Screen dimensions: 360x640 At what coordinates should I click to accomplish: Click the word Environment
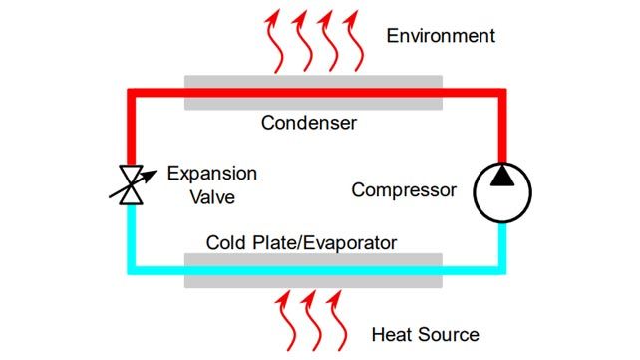coord(441,37)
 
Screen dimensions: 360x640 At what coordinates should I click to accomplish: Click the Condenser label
coord(309,123)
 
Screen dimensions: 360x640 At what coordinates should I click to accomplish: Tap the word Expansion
coord(211,174)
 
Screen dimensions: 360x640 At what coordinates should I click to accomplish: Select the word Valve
coord(213,197)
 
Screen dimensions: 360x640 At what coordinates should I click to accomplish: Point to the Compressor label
coord(404,189)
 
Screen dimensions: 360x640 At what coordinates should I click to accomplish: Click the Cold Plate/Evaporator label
coord(301,242)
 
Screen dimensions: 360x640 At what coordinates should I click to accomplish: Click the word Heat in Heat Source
coord(393,334)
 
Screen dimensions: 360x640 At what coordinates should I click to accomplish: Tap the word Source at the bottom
coord(448,334)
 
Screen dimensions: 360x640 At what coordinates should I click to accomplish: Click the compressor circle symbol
coord(501,190)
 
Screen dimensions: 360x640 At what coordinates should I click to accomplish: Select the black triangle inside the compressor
coord(501,178)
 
